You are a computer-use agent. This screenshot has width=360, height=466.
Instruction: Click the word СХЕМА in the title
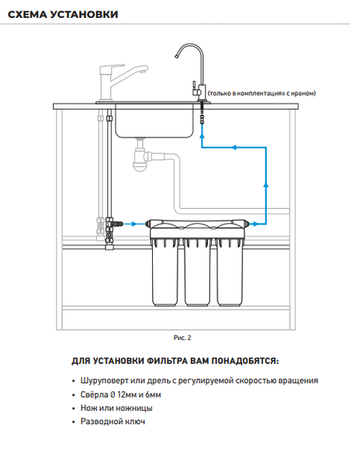27,14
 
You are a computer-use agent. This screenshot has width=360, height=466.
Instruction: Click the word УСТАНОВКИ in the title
84,14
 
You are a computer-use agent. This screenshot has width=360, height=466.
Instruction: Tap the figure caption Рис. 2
182,338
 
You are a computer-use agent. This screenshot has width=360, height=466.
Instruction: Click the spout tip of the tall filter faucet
175,57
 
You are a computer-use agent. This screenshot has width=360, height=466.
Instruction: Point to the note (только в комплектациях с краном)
261,93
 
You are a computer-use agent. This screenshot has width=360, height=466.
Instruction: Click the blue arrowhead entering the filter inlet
134,224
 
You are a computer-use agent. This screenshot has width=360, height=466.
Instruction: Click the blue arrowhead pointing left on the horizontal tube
234,147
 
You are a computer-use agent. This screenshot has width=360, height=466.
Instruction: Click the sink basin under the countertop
154,121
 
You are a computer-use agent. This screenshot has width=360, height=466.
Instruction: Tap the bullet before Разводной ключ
74,422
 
